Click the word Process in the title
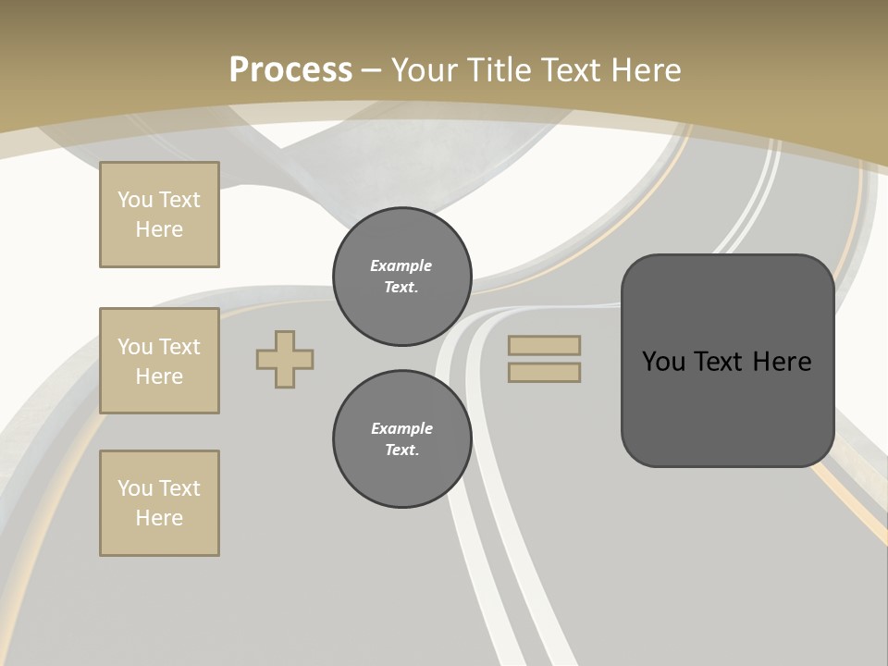click(290, 70)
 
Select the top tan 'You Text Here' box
click(159, 215)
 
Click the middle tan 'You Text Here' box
click(159, 361)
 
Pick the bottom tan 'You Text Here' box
click(159, 503)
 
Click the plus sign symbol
click(285, 359)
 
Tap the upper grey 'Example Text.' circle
click(401, 277)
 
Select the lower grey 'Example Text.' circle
click(401, 439)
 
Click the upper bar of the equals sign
click(544, 346)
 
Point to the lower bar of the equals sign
click(544, 372)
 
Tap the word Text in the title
click(568, 70)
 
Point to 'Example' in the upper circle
click(401, 265)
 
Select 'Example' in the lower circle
click(401, 428)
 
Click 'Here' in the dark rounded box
click(783, 361)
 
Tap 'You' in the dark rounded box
click(664, 361)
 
